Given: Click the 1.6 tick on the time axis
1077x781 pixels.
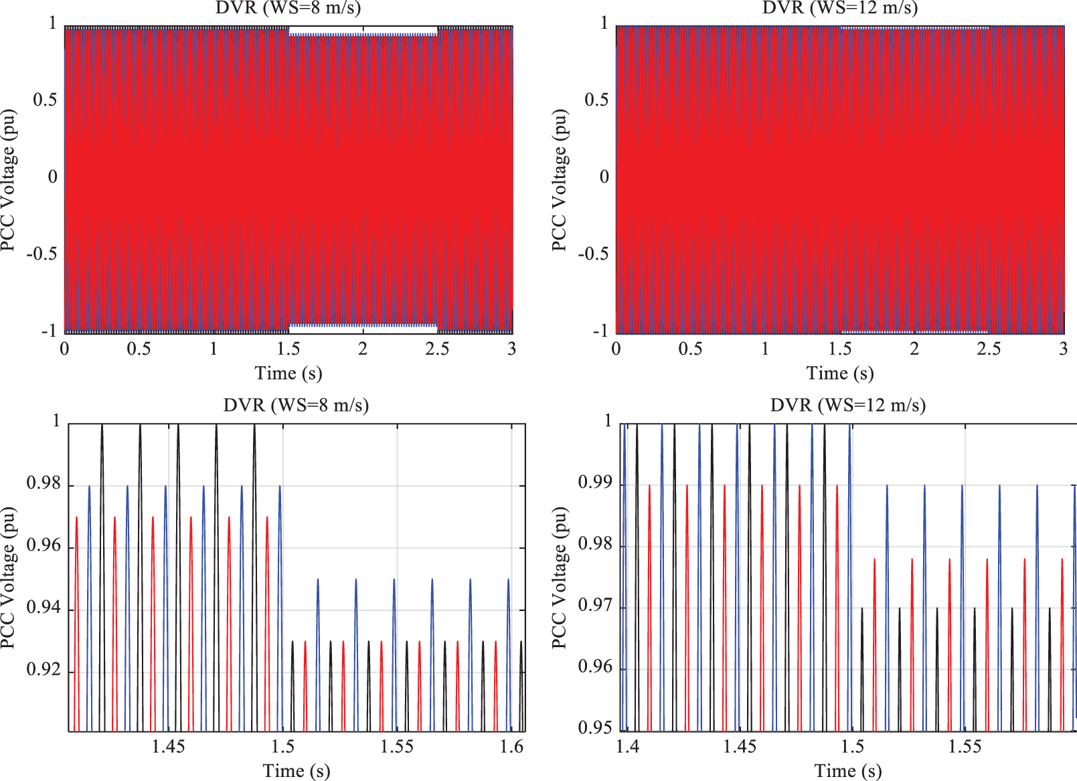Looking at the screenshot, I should [x=512, y=746].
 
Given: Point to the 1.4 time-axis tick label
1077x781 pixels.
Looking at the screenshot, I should [x=627, y=746].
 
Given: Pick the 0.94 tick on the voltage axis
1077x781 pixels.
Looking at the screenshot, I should [x=44, y=608].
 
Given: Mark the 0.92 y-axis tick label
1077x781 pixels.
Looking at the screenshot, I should [x=44, y=670].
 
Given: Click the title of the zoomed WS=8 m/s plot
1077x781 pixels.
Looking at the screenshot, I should [x=296, y=406].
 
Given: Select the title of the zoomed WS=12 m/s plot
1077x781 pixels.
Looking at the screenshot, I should [x=847, y=406].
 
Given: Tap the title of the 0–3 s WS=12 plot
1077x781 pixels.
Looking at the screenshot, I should [x=839, y=8].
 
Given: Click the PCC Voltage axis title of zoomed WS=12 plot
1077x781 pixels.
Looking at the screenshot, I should [x=559, y=577].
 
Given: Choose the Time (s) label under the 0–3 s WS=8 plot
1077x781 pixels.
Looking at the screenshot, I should [x=288, y=373].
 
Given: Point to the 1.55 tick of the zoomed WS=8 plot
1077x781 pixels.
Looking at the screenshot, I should [x=397, y=746].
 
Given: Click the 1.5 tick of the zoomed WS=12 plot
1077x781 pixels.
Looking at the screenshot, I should [x=852, y=746].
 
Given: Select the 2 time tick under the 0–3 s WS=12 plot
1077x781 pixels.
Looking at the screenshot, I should [x=914, y=349].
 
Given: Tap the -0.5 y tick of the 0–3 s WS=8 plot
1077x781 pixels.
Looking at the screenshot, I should [x=42, y=254].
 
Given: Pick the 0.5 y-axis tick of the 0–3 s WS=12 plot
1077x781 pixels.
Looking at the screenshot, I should [x=596, y=100].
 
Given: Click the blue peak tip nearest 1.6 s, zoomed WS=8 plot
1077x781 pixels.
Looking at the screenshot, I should [x=509, y=580].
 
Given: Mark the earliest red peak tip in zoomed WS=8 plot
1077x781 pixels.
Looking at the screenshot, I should [x=77, y=517].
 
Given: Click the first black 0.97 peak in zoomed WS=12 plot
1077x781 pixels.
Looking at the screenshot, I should [x=862, y=608].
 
